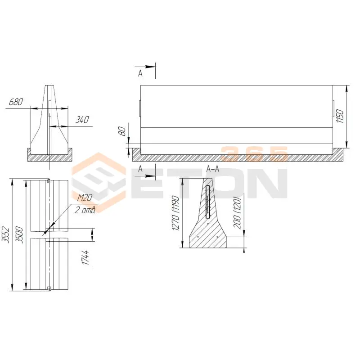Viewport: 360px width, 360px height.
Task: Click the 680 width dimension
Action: click(16, 102)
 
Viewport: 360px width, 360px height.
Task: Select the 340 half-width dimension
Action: click(82, 120)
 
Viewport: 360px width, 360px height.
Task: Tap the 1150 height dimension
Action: click(340, 116)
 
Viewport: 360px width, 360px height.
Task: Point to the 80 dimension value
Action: click(122, 131)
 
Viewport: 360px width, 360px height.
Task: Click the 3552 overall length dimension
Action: click(5, 234)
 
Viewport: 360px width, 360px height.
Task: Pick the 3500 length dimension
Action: click(19, 234)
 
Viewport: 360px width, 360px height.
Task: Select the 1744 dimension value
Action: click(85, 257)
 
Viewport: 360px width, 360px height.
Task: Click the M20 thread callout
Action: click(85, 198)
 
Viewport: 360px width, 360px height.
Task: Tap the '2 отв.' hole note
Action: click(85, 210)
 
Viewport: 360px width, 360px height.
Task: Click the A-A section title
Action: click(213, 170)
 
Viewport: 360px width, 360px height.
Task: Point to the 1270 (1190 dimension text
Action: click(175, 213)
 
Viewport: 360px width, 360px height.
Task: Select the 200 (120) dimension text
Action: click(238, 212)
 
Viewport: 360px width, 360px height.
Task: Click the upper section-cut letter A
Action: click(140, 73)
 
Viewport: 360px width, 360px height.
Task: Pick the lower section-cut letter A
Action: click(140, 169)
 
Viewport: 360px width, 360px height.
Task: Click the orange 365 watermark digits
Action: click(254, 154)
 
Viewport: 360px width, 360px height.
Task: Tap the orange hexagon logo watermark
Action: click(99, 183)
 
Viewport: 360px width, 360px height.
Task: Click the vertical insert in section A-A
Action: click(208, 202)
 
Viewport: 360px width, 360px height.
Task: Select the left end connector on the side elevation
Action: click(140, 108)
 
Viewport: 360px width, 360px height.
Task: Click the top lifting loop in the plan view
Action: click(49, 181)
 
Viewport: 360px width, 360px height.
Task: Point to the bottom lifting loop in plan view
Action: click(49, 288)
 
